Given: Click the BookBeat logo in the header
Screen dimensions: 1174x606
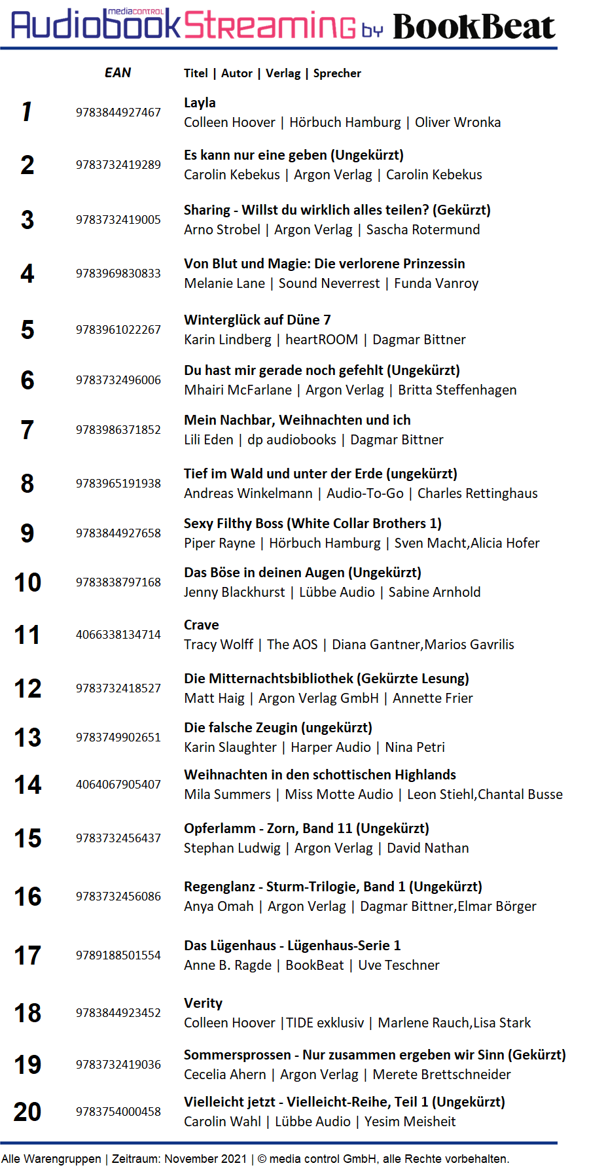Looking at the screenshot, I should coord(474,27).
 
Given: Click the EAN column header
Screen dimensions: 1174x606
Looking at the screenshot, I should coord(118,73).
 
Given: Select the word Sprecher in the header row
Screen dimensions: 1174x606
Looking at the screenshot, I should coord(337,73).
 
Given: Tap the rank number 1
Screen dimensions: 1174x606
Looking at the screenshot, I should coord(27,112).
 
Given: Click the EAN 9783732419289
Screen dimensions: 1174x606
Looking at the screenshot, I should coord(118,165).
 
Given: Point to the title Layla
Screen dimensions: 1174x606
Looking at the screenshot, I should coord(200,103).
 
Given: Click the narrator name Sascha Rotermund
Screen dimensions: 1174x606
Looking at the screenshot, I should coord(423,230).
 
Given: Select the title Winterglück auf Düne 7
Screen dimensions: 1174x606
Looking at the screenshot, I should coord(257,320).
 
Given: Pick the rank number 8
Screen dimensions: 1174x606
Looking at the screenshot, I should coord(27,484).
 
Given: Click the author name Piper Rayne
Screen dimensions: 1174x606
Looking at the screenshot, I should coord(219,543).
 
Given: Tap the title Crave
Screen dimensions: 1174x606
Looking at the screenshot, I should coord(202,625).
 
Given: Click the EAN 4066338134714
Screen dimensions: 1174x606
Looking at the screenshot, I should coord(118,635).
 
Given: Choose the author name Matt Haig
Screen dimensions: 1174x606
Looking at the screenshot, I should coord(214,698).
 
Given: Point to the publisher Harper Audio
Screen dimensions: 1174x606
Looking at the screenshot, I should coord(330,747).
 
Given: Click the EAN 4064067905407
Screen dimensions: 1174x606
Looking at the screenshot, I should coord(118,785).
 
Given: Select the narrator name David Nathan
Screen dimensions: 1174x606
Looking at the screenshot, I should coord(427,848).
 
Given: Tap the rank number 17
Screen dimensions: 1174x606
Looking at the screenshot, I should coord(27,956).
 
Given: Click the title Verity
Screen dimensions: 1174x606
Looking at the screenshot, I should coord(203,1003).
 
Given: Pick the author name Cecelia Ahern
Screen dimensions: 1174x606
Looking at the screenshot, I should coord(224,1075).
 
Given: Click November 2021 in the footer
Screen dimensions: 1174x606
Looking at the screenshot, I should coord(205,1159).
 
